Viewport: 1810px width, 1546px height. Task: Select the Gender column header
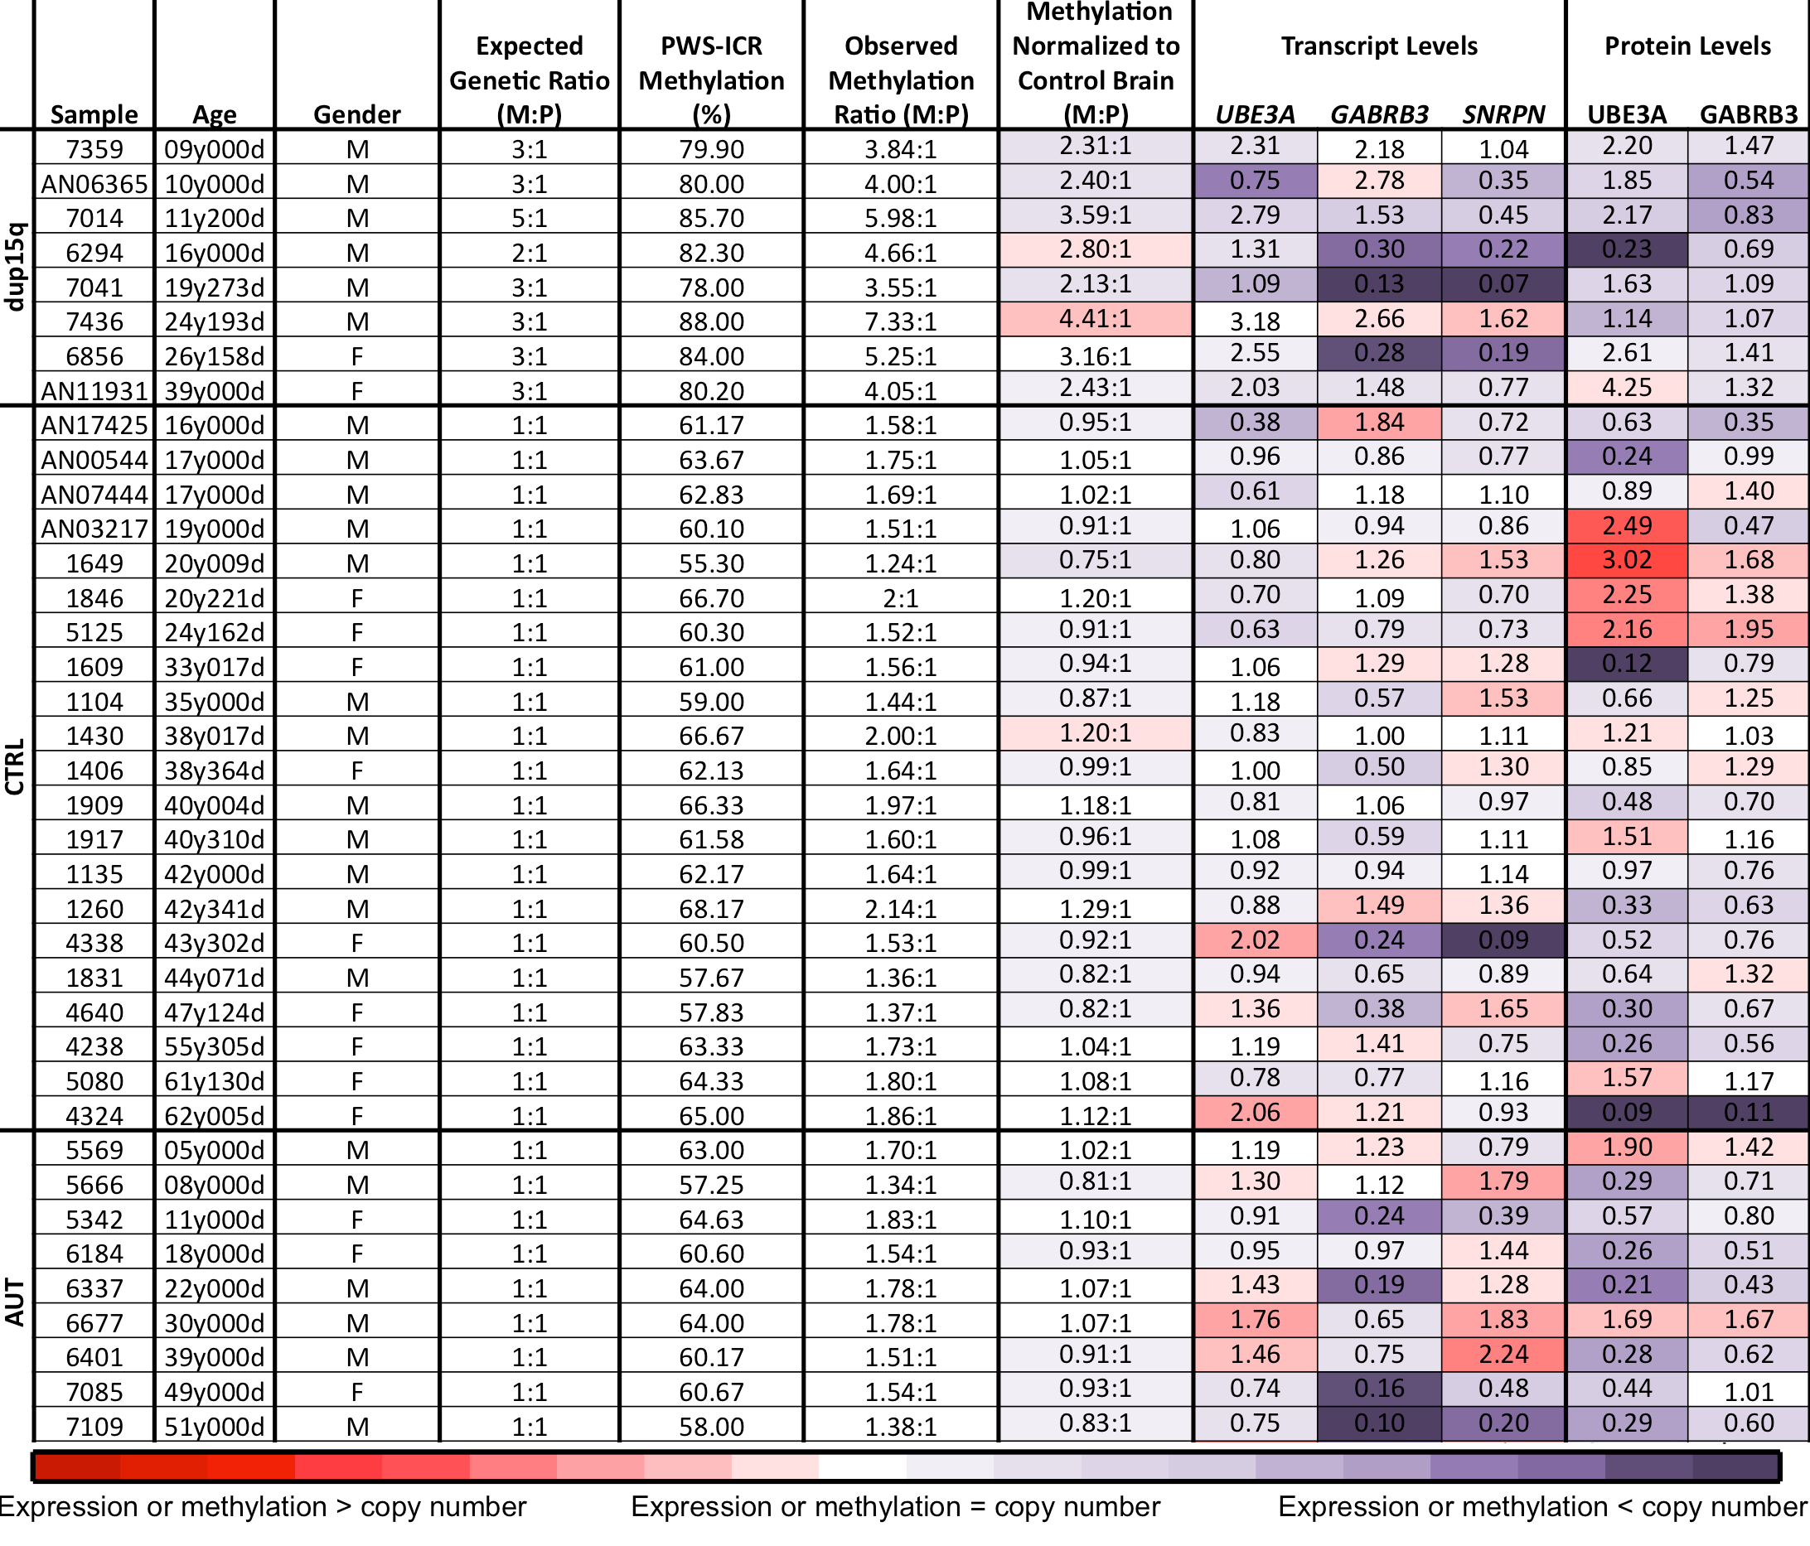(356, 114)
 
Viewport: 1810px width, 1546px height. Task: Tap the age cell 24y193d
(214, 322)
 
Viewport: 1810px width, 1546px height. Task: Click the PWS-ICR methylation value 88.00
(711, 322)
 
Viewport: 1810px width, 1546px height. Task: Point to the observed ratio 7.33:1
(901, 322)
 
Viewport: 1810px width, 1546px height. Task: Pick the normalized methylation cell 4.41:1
(1096, 319)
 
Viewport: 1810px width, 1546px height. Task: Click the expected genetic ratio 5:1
(530, 219)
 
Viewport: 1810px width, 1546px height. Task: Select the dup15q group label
(16, 268)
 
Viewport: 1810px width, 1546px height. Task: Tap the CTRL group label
(16, 768)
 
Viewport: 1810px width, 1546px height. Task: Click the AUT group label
(16, 1302)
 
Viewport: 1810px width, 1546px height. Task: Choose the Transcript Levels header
(1379, 46)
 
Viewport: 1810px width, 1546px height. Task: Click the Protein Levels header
(1687, 46)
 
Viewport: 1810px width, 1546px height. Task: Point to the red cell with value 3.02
(1628, 561)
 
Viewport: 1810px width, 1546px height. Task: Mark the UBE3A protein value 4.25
(1628, 388)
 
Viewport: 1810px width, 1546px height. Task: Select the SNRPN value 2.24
(1503, 1355)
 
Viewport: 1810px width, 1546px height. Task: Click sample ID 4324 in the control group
(94, 1116)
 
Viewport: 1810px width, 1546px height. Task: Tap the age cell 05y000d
(214, 1150)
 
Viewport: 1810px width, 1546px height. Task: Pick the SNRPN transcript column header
(1503, 114)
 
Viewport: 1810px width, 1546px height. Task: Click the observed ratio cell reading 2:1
(901, 598)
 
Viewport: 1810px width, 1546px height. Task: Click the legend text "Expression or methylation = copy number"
(895, 1507)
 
